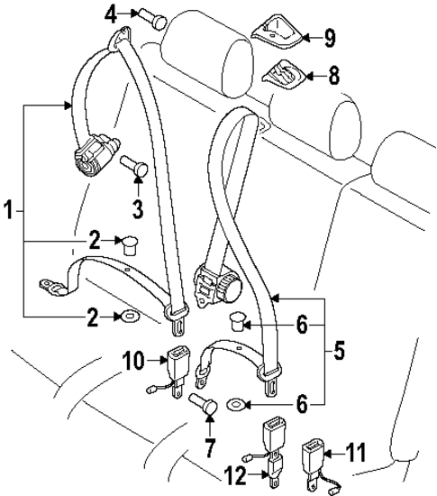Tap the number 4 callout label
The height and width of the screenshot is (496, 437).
111,13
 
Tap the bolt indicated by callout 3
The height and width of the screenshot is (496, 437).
137,167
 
